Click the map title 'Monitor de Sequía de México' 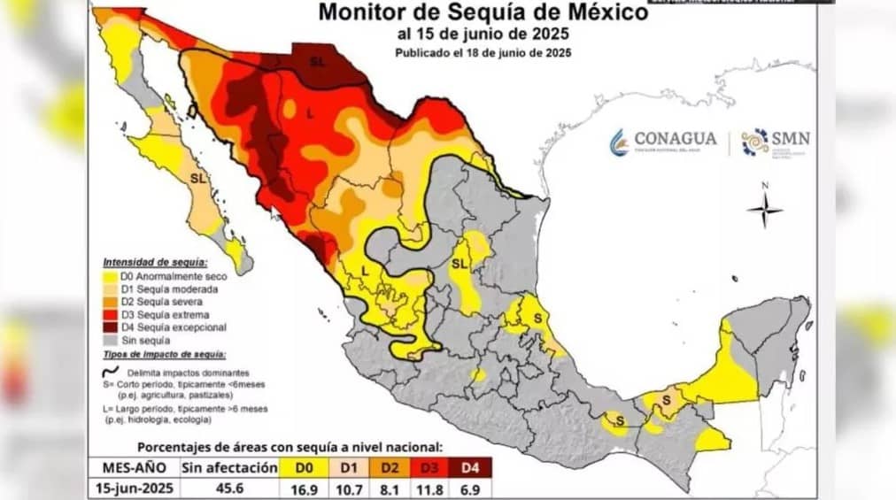click(483, 12)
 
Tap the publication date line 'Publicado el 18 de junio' click(483, 53)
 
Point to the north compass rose click(765, 209)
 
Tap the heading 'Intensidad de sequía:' click(155, 263)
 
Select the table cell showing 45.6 click(228, 488)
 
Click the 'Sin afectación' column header click(228, 467)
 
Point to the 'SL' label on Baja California click(199, 179)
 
